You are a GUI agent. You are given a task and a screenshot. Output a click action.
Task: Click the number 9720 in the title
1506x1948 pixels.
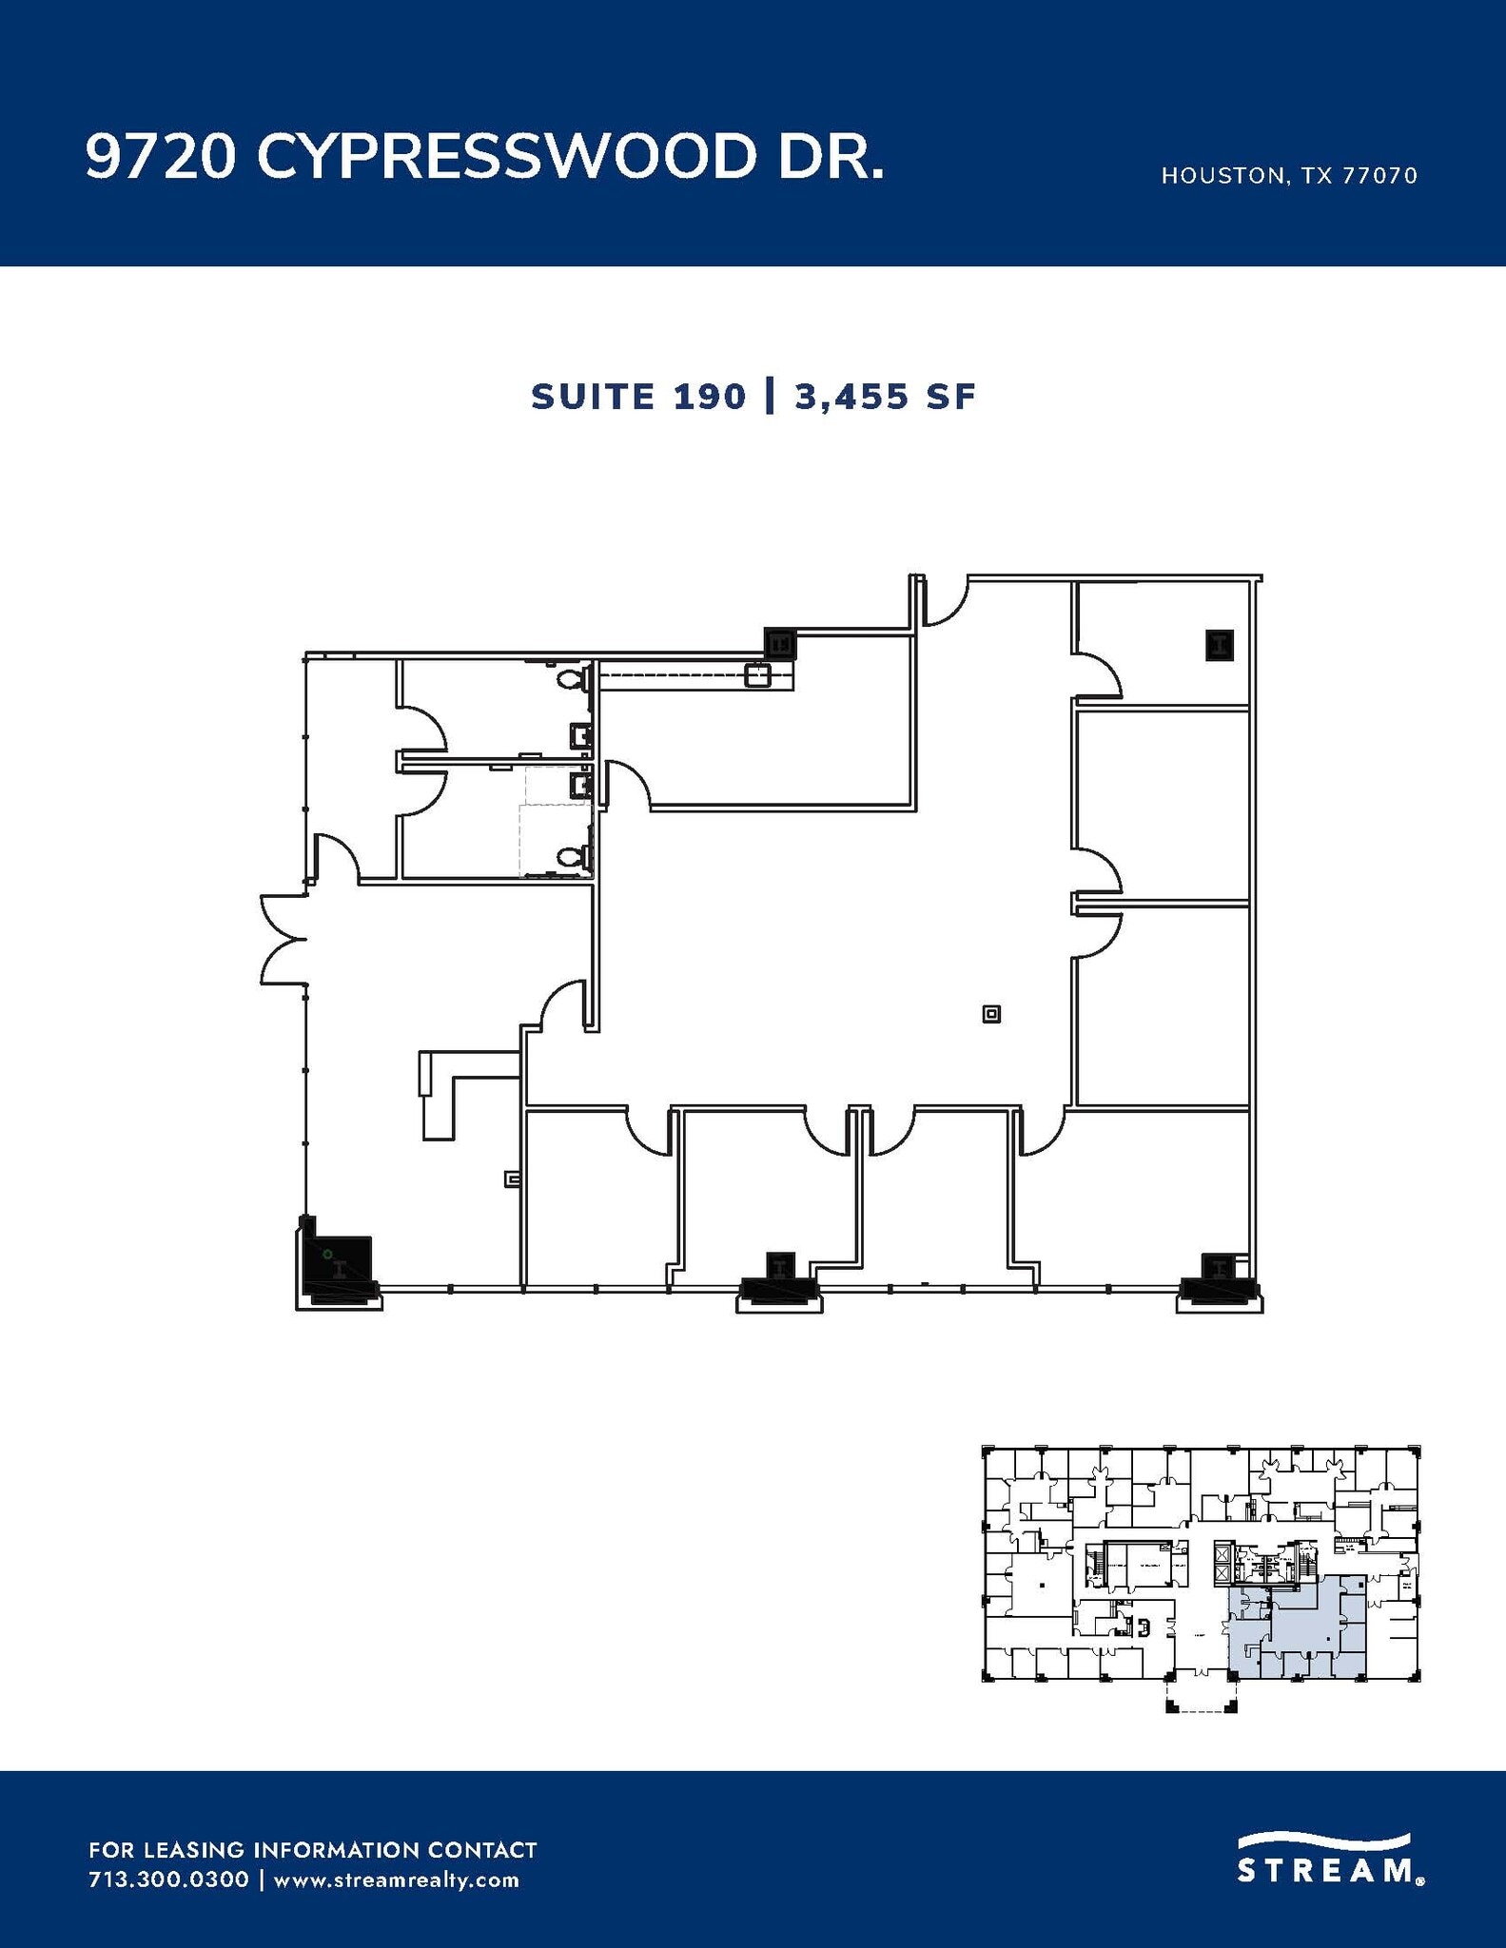point(160,156)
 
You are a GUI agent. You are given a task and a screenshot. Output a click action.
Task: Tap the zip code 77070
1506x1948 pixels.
point(1379,176)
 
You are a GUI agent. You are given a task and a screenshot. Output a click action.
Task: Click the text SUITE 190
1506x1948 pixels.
point(638,397)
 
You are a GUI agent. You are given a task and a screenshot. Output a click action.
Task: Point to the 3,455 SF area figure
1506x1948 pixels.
point(885,397)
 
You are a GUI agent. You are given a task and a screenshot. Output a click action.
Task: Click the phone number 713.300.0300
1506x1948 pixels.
point(168,1880)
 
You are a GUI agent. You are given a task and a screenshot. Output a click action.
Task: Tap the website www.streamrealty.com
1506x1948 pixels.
point(396,1880)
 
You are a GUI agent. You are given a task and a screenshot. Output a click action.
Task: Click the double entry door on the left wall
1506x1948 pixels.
point(283,939)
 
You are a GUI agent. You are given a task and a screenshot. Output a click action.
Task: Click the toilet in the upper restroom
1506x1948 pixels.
point(571,679)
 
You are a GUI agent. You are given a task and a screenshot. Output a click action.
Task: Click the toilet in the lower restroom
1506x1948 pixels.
point(571,858)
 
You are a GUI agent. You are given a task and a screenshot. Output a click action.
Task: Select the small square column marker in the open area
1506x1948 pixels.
point(991,1014)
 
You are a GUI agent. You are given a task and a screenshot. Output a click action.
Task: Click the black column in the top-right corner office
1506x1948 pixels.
point(1220,645)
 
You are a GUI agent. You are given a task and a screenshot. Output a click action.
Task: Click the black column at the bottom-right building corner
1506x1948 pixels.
point(1219,1278)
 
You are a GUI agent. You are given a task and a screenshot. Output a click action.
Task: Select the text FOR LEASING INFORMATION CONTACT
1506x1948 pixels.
point(312,1850)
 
